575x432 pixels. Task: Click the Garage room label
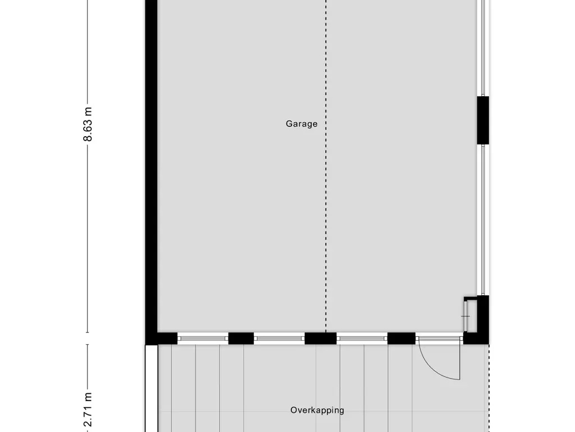302,124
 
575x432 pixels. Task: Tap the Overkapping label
317,410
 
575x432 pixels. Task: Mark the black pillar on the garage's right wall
483,120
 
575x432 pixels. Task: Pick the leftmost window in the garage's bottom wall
203,338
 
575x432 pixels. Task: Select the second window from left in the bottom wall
279,338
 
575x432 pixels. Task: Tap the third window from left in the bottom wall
362,338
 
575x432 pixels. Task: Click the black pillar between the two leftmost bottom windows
241,338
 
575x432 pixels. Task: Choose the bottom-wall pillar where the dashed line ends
321,338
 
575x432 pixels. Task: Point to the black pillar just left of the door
401,338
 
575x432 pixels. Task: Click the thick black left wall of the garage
151,169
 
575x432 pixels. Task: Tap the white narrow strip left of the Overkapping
151,388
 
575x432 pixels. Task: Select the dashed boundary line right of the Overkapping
489,388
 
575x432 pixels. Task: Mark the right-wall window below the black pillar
483,219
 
